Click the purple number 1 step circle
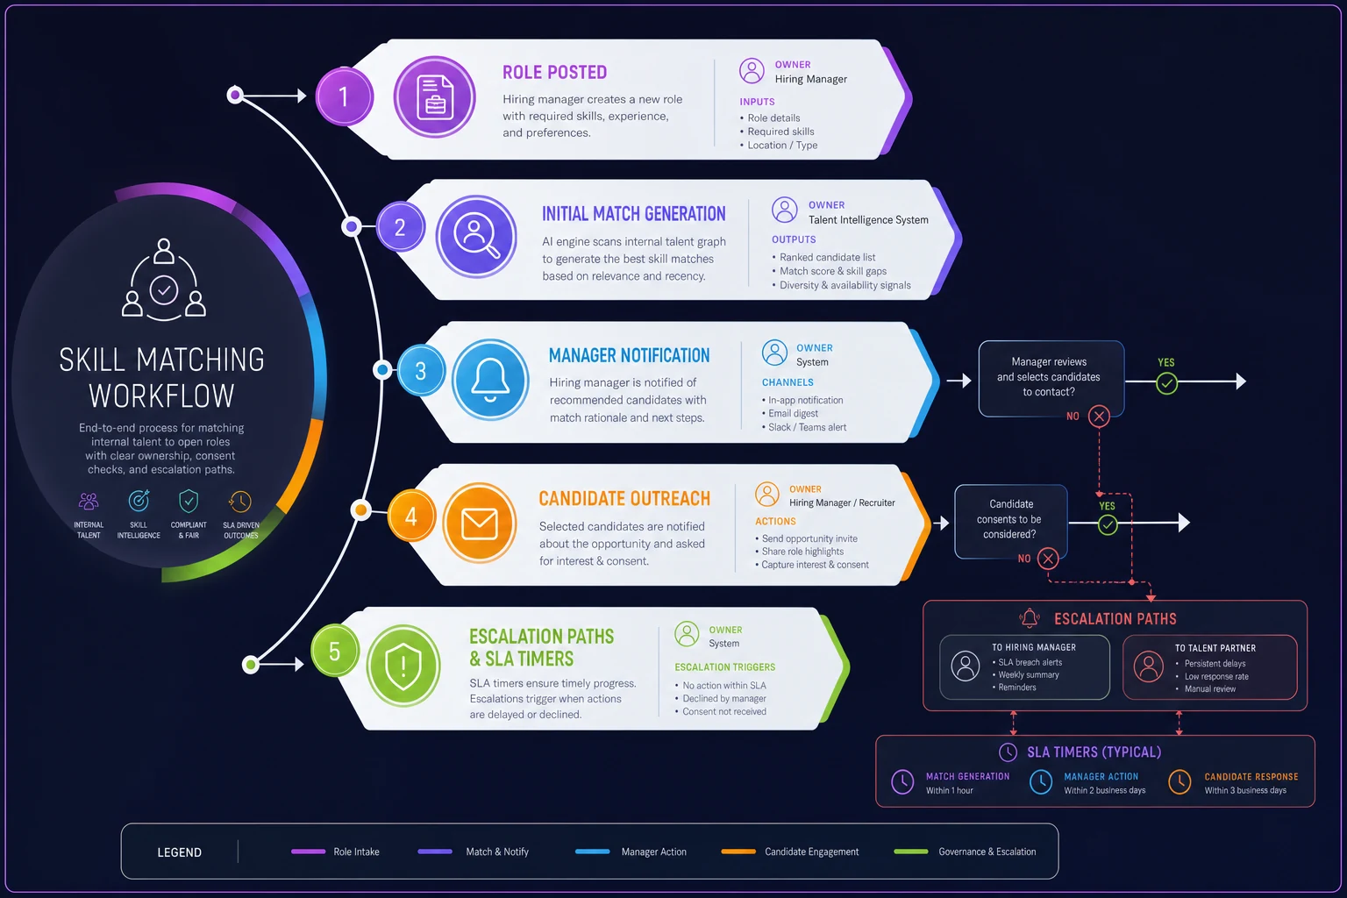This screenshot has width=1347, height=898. (344, 96)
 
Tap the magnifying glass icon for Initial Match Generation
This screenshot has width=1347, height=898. (476, 236)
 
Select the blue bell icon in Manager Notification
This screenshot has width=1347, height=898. (490, 380)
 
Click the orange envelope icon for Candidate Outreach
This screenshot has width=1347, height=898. (480, 523)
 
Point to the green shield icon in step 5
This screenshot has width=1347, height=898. (403, 666)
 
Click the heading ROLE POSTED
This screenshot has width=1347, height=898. (554, 72)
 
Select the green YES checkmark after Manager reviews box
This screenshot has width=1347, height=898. (1166, 383)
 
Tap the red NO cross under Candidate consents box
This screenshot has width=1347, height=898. (1048, 559)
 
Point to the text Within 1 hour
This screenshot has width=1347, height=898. (949, 790)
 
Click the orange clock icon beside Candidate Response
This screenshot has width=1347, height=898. (1180, 782)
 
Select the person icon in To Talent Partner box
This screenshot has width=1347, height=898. (1149, 666)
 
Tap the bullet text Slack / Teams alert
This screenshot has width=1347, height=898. (807, 427)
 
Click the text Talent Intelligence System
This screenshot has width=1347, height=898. (868, 219)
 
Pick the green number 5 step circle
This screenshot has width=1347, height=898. (334, 651)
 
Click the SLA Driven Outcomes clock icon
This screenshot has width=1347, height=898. (240, 501)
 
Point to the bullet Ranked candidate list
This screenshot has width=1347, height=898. (828, 257)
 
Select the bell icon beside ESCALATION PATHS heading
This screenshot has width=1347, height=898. (1030, 617)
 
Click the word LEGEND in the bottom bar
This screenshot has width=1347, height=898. (179, 852)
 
